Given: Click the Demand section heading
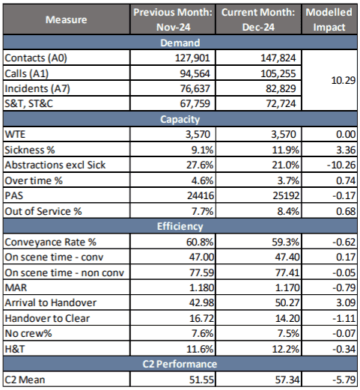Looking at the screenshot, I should [180, 43].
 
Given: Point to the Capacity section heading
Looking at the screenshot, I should [180, 119].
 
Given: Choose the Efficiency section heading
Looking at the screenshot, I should [180, 225].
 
